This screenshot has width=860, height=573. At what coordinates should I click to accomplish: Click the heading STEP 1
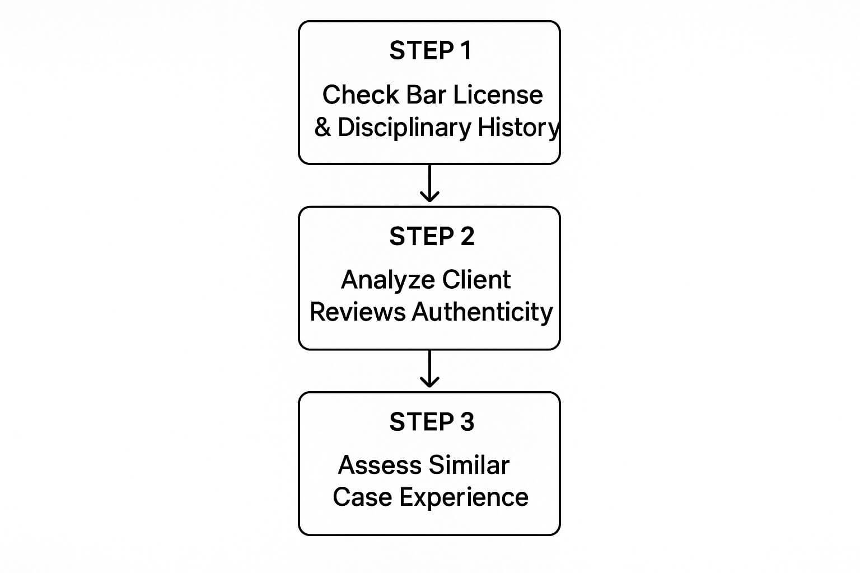point(430,51)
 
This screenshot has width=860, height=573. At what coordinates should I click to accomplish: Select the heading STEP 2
point(431,237)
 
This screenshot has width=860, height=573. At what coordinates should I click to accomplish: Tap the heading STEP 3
point(431,422)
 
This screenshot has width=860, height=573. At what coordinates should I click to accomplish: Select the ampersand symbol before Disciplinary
point(322,128)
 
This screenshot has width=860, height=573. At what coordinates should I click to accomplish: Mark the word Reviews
point(358,312)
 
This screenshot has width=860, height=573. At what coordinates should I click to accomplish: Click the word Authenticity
point(482,312)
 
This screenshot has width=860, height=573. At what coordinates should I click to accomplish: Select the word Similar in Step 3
point(468,466)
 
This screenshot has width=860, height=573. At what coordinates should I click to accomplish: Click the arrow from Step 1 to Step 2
point(429,184)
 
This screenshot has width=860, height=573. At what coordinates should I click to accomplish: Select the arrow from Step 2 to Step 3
point(429,369)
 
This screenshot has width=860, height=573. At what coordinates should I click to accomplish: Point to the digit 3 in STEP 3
point(467,422)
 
